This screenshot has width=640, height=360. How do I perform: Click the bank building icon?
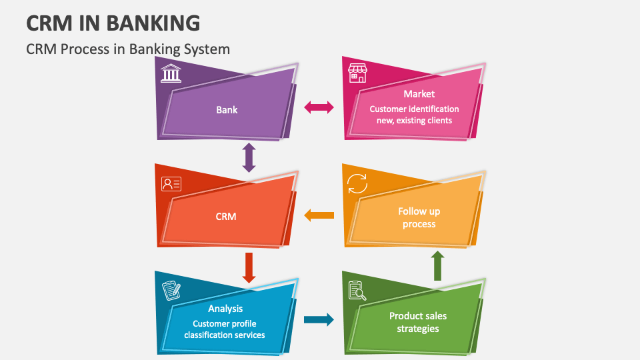(x=171, y=72)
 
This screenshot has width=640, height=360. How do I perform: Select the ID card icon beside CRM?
(x=171, y=183)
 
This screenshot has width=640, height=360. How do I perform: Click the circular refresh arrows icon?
(x=357, y=183)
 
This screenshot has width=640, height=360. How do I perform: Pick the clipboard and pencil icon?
(x=171, y=290)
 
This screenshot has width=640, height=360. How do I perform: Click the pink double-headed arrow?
(x=319, y=107)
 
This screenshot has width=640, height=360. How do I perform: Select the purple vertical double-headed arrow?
(x=249, y=157)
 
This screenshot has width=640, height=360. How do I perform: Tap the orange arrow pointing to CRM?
(x=319, y=215)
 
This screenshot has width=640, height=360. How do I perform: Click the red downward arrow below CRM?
(x=249, y=266)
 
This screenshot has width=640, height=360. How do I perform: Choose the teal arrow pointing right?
(x=319, y=320)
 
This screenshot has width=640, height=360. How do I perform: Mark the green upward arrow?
(x=437, y=265)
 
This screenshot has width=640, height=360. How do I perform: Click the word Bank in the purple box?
(x=227, y=109)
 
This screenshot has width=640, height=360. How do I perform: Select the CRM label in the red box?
(x=226, y=216)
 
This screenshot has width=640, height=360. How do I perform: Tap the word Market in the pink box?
(x=419, y=94)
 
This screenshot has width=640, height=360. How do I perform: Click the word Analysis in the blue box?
(x=225, y=309)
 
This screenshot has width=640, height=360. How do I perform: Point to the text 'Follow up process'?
(x=419, y=217)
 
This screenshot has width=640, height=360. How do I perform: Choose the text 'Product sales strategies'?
(x=418, y=322)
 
